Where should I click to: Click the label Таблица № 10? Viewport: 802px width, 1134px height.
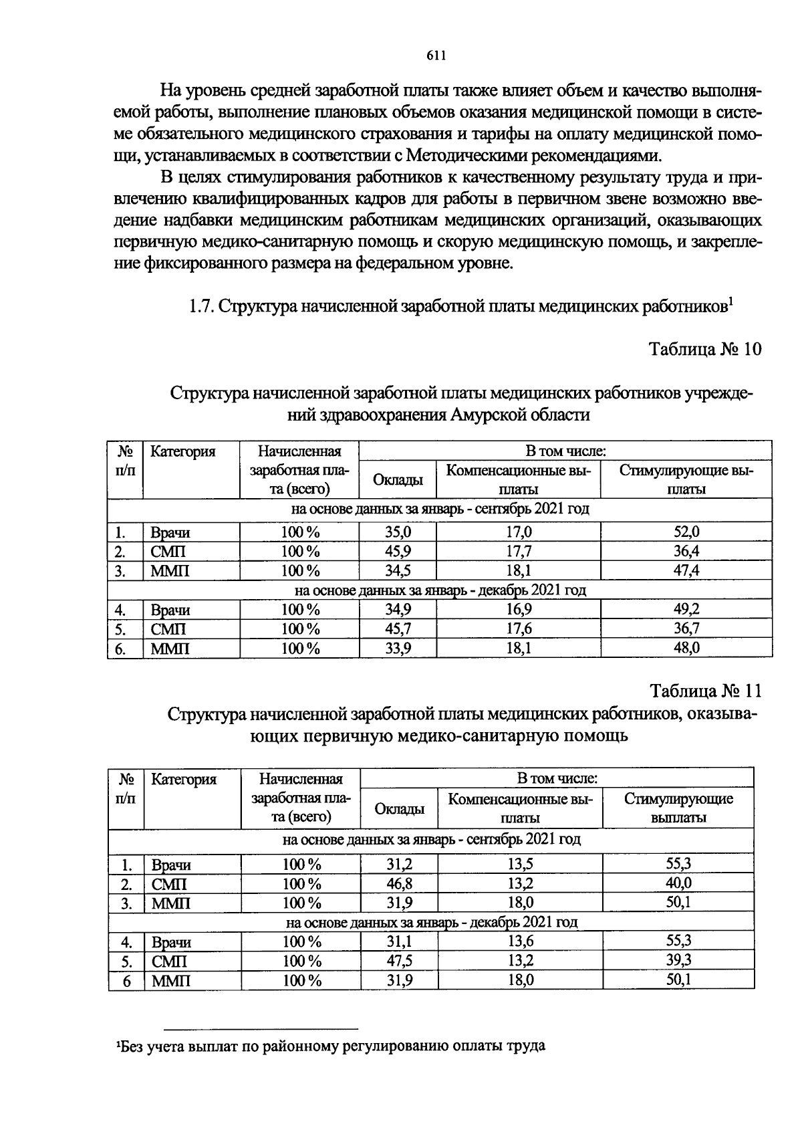[x=705, y=350]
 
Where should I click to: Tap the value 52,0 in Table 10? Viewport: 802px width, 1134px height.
[x=686, y=532]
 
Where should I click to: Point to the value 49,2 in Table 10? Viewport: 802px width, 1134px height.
[x=686, y=610]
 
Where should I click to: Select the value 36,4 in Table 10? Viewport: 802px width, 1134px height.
[x=686, y=552]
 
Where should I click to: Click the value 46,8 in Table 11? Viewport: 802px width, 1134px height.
[x=399, y=884]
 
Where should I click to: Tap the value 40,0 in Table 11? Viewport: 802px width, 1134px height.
[x=678, y=884]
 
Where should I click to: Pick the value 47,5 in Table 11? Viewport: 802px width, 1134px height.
[x=399, y=961]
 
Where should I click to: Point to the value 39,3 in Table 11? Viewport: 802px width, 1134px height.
[x=678, y=961]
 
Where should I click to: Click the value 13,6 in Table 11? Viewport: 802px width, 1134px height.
[x=520, y=942]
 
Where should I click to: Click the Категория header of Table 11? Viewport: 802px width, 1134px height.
[x=184, y=780]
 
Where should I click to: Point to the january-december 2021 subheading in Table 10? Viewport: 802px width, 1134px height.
[x=440, y=590]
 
